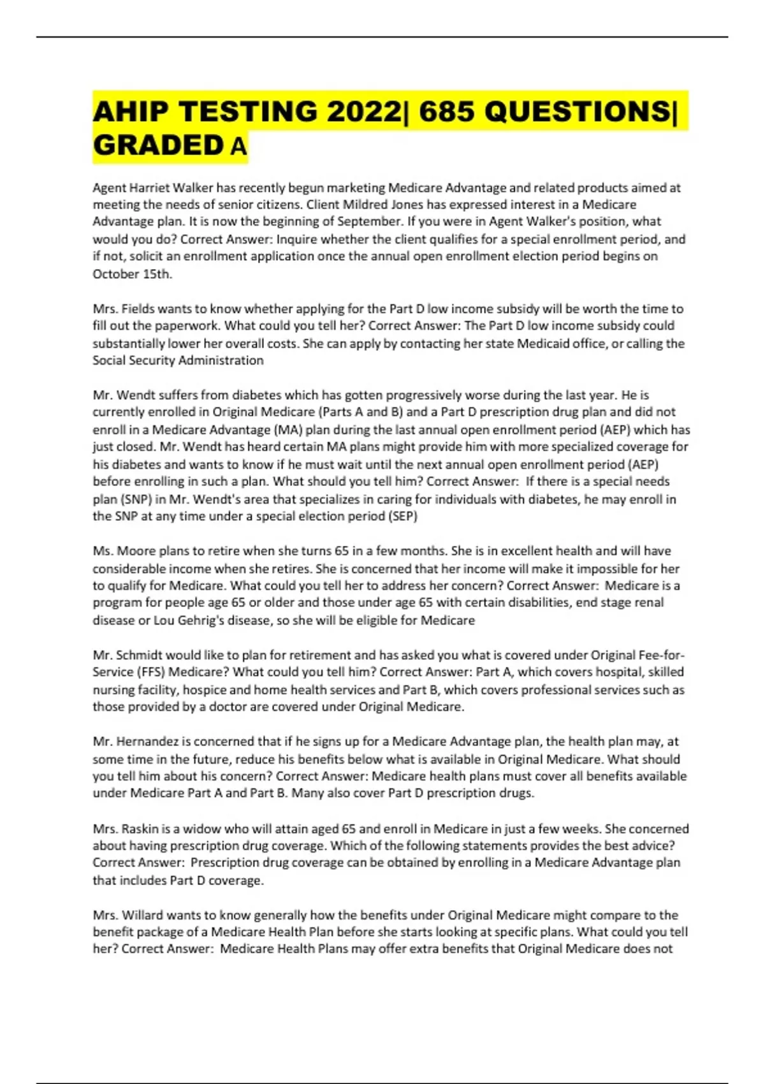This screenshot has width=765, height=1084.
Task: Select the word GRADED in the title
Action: [157, 145]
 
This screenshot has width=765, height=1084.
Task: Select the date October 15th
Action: [132, 274]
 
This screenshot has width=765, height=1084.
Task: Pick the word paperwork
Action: [156, 326]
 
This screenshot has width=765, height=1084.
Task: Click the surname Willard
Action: [142, 914]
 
